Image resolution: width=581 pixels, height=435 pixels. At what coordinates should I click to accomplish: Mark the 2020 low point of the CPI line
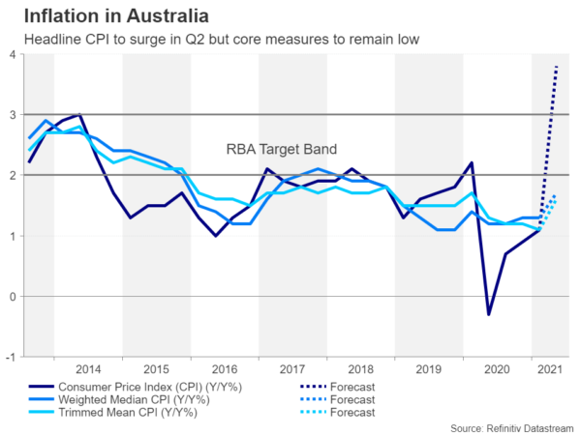tap(489, 314)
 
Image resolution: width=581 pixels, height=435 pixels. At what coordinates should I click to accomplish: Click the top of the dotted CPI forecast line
tap(557, 66)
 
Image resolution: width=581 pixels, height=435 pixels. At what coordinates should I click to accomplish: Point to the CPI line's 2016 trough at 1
tap(216, 236)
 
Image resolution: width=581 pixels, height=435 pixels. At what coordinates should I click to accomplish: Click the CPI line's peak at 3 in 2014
tap(79, 115)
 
